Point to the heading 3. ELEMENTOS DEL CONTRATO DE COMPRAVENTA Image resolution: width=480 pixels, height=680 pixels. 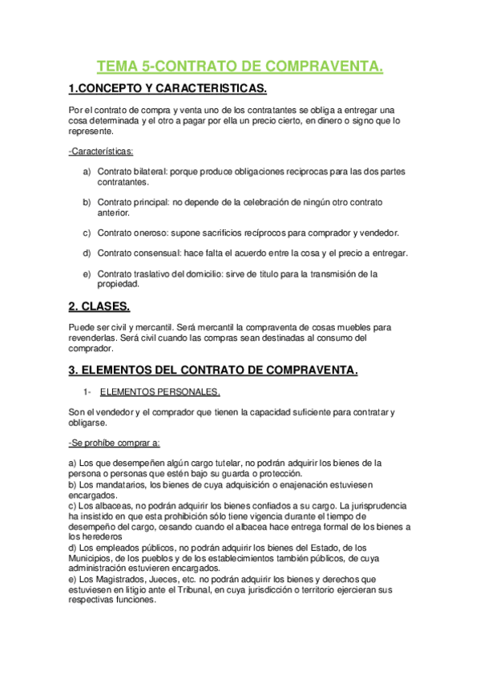pyautogui.click(x=212, y=370)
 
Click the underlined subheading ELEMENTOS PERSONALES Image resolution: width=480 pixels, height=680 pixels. pyautogui.click(x=159, y=392)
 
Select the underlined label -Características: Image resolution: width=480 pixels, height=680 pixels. pyautogui.click(x=102, y=151)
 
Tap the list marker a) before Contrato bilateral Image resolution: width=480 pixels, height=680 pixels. pyautogui.click(x=87, y=172)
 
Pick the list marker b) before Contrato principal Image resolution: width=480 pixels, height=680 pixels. pyautogui.click(x=87, y=203)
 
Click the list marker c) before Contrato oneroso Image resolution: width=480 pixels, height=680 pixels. pyautogui.click(x=87, y=233)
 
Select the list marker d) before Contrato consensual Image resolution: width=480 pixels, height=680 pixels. pyautogui.click(x=87, y=253)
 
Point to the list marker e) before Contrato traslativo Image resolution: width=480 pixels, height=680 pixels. pyautogui.click(x=87, y=274)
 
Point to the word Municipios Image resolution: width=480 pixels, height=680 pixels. pyautogui.click(x=92, y=557)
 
